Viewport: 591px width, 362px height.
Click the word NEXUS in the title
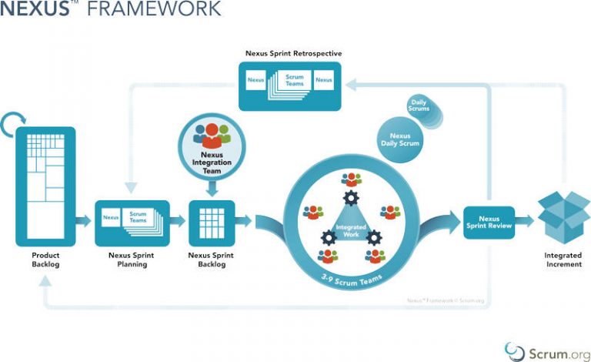tap(34, 9)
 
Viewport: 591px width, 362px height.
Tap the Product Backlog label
tap(45, 259)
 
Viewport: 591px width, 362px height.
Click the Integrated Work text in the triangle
tap(350, 229)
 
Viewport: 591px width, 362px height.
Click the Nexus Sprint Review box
tap(489, 223)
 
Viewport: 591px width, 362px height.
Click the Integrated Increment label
tap(562, 259)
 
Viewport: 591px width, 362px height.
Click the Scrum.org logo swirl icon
tap(515, 350)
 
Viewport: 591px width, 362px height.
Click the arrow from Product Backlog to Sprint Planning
tap(83, 222)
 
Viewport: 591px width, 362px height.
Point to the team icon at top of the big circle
tap(351, 179)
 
